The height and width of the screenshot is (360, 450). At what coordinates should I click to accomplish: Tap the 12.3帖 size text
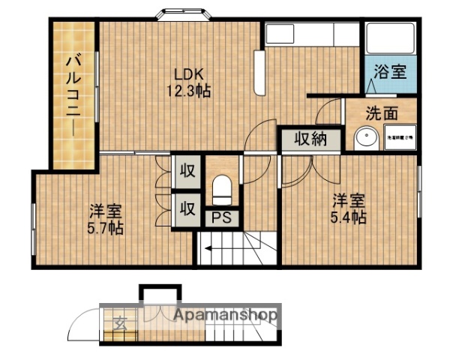(x=188, y=91)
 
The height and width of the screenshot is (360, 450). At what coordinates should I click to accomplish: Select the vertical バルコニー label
(x=73, y=94)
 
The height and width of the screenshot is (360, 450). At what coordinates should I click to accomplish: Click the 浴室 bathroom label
(x=390, y=73)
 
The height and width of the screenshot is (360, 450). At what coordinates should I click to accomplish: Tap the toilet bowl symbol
(x=222, y=190)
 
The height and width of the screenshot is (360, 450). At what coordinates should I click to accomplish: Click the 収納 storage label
(x=308, y=139)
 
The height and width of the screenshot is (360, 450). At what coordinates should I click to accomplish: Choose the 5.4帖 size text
(x=348, y=217)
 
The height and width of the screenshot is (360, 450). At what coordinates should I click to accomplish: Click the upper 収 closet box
(x=187, y=171)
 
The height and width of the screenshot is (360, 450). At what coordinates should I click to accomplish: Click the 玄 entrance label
(x=120, y=324)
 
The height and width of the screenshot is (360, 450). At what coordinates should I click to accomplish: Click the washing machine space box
(x=397, y=139)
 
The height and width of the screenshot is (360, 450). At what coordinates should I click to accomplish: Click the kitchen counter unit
(x=312, y=34)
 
